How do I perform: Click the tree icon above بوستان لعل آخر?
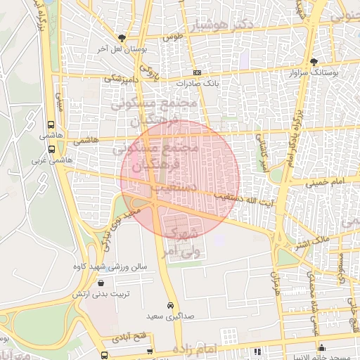click(123, 38)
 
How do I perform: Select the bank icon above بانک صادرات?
click(197, 72)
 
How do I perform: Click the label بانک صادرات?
click(197, 82)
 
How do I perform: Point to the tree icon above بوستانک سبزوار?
click(314, 62)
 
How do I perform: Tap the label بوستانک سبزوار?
click(314, 72)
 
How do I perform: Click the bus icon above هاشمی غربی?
click(52, 149)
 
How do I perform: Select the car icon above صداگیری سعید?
click(170, 306)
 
